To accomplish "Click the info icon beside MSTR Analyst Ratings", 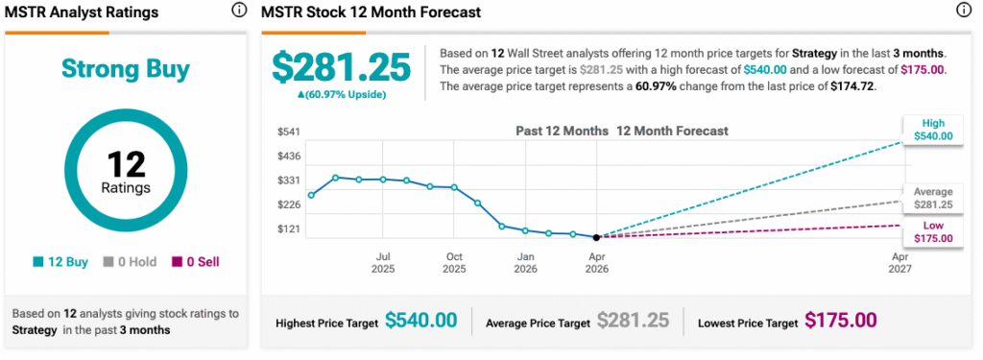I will click(238, 12).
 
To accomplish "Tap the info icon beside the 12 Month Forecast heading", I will click(964, 12).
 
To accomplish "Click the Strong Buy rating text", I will click(126, 69).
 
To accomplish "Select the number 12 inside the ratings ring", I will click(126, 163).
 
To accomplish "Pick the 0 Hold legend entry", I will click(127, 261).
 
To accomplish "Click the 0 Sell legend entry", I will click(195, 261).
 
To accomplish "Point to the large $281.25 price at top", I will click(341, 66).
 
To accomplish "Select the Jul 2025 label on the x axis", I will click(383, 263).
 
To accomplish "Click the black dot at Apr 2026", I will click(597, 237).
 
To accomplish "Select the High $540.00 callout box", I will click(933, 130).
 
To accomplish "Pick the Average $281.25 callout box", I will click(933, 198).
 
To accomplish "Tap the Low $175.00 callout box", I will click(933, 231).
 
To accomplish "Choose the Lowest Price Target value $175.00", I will click(841, 322).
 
